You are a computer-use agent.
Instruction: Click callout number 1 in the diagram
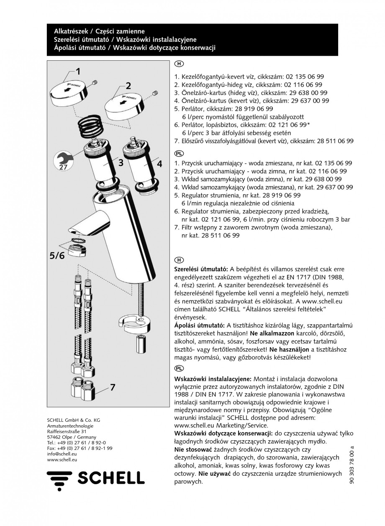tap(78, 71)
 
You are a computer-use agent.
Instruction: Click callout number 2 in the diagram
tap(128, 86)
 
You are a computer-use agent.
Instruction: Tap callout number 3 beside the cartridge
tap(120, 163)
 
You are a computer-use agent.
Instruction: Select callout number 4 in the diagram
tap(159, 164)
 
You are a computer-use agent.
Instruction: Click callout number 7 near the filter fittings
tap(112, 387)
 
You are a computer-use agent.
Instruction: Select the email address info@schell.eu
tap(62, 454)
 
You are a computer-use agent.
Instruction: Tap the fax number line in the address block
tap(80, 448)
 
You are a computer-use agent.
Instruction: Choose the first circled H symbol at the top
tap(178, 64)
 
